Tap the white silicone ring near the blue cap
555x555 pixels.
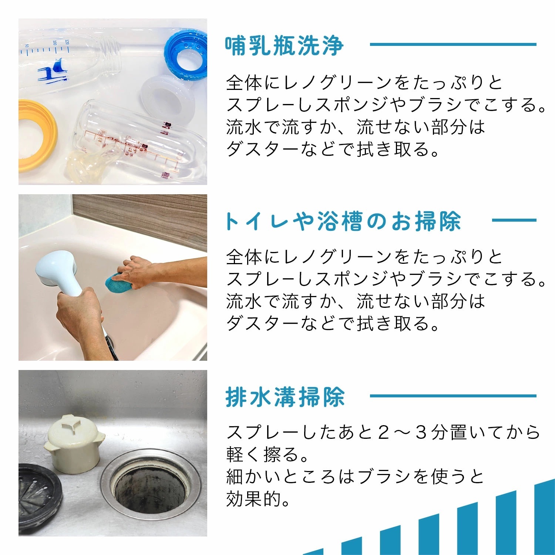168,96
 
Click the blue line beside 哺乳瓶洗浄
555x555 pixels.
453,44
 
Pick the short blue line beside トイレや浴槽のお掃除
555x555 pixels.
514,220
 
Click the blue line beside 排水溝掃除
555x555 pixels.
453,396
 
